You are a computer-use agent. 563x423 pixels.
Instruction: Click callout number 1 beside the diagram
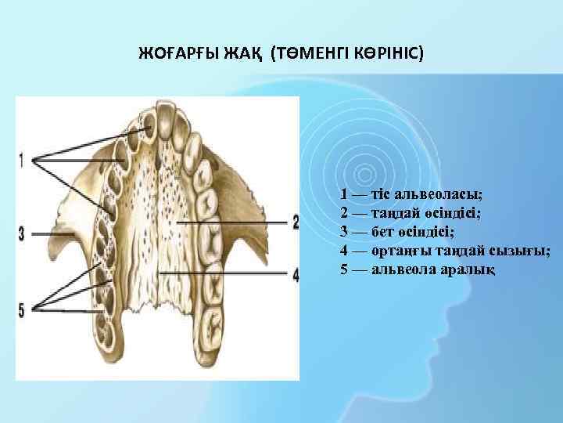click(22, 160)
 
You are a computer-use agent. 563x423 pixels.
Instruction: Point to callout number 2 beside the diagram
click(295, 222)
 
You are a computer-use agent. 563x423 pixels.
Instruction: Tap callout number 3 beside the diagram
click(22, 233)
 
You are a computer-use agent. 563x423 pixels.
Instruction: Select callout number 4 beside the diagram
click(295, 274)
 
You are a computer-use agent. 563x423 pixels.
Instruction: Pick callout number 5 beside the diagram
click(22, 309)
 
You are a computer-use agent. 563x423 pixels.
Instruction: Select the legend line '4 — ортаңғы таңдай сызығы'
click(445, 250)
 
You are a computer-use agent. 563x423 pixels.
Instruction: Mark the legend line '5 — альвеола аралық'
click(418, 269)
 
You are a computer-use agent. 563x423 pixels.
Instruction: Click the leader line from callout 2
click(235, 222)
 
